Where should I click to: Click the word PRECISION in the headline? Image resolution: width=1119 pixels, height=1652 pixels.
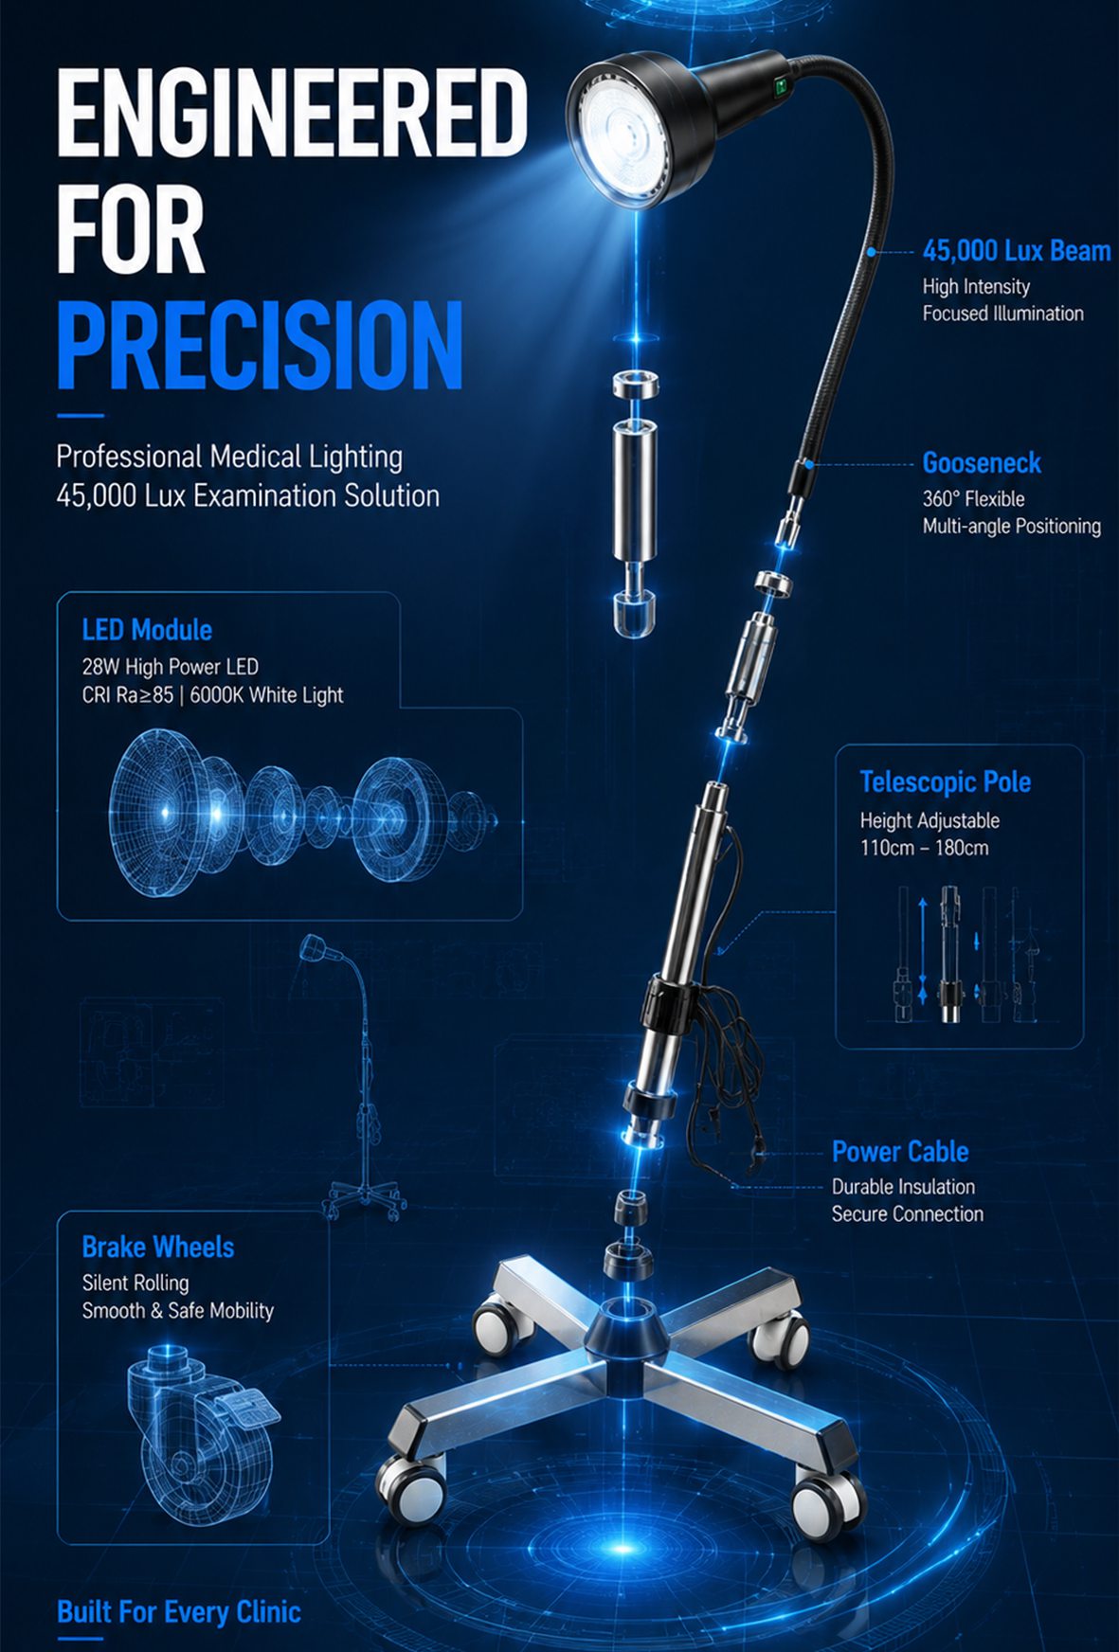point(260,345)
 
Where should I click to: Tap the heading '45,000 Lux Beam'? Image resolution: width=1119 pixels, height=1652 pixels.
point(1017,251)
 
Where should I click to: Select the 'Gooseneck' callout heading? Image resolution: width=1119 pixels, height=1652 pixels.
point(982,463)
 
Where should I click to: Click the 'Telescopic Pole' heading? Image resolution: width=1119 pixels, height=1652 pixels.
point(945,782)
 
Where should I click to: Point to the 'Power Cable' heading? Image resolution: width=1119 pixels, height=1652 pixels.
point(900,1152)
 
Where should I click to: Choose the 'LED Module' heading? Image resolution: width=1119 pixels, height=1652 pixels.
point(147,630)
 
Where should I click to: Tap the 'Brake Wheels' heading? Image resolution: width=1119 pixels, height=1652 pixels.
point(157,1248)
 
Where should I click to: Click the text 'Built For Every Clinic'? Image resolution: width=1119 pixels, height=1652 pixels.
point(179,1612)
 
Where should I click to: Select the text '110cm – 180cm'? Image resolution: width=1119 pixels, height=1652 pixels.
point(924,848)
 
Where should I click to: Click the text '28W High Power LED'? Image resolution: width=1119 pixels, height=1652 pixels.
point(170,667)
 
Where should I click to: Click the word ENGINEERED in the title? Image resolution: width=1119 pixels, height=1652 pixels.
point(292,114)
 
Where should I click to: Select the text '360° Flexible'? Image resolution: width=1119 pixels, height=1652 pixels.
point(973,499)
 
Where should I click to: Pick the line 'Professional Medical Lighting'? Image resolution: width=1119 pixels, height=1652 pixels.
point(229,457)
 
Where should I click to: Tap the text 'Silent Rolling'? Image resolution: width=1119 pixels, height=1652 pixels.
point(135,1284)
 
